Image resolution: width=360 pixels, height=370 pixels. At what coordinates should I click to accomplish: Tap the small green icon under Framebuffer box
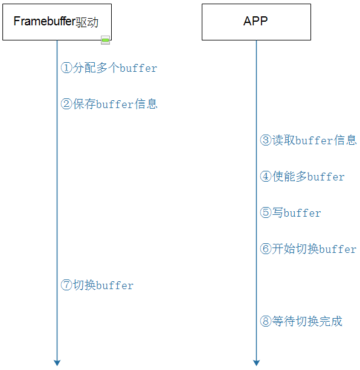pyautogui.click(x=105, y=40)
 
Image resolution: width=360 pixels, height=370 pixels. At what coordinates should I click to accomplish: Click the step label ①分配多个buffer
pyautogui.click(x=109, y=68)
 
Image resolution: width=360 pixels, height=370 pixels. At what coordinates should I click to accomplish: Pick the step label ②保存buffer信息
pyautogui.click(x=109, y=104)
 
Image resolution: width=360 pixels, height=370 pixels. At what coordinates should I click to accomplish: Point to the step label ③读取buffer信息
pyautogui.click(x=308, y=141)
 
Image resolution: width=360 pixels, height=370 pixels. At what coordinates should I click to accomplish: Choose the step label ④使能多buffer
pyautogui.click(x=302, y=177)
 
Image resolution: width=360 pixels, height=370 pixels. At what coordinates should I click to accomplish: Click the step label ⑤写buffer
pyautogui.click(x=291, y=213)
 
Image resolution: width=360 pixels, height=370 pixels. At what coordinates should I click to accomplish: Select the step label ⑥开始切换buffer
pyautogui.click(x=308, y=249)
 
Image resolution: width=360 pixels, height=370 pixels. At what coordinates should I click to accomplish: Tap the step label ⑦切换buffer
pyautogui.click(x=97, y=285)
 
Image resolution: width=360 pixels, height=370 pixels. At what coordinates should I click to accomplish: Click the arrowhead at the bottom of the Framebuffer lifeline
pyautogui.click(x=57, y=362)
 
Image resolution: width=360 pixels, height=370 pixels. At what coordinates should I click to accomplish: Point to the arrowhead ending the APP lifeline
pyautogui.click(x=256, y=362)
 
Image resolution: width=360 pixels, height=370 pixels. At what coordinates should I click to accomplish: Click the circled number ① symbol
pyautogui.click(x=66, y=68)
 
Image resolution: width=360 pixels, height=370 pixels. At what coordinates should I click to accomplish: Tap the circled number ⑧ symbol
pyautogui.click(x=266, y=322)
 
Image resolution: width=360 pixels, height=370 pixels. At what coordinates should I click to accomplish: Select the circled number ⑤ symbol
pyautogui.click(x=266, y=213)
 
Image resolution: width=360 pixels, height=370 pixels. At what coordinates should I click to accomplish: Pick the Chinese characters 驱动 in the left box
pyautogui.click(x=88, y=22)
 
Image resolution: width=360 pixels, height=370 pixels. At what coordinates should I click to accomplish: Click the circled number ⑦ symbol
pyautogui.click(x=66, y=285)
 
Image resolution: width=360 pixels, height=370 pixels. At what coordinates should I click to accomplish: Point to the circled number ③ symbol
pyautogui.click(x=266, y=141)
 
